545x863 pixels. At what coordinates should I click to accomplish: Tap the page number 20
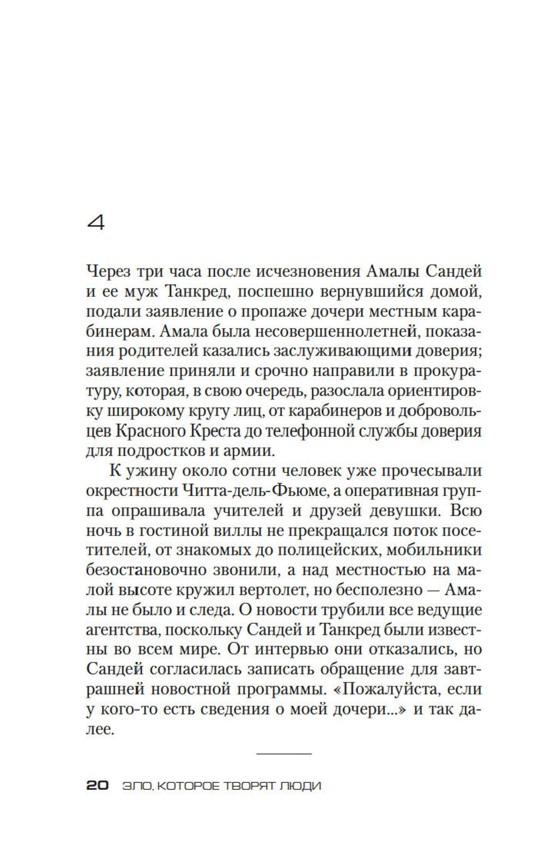(x=98, y=786)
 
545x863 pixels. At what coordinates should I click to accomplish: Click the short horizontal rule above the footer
(x=283, y=754)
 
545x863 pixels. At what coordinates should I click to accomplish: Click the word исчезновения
(x=293, y=271)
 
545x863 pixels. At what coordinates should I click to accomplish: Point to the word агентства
(x=118, y=630)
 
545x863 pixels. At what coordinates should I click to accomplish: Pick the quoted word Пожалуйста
(x=389, y=690)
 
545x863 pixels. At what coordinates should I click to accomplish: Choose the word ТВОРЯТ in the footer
(x=249, y=786)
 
